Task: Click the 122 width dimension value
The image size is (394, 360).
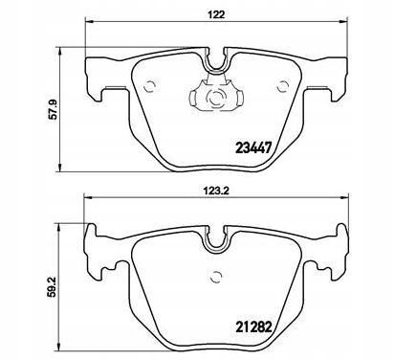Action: pyautogui.click(x=216, y=14)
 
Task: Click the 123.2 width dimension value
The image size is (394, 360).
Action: pyautogui.click(x=216, y=191)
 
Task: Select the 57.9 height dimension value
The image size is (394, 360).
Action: pyautogui.click(x=53, y=109)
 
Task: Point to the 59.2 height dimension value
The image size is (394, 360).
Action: pyautogui.click(x=53, y=286)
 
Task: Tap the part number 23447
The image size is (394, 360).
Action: pyautogui.click(x=253, y=147)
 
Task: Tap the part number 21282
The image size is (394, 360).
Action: pyautogui.click(x=253, y=326)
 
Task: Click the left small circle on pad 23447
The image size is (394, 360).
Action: pyautogui.click(x=150, y=86)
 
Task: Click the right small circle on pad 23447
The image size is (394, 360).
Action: pyautogui.click(x=282, y=86)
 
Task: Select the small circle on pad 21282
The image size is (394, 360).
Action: pyautogui.click(x=216, y=277)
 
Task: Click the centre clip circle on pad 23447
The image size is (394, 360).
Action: pyautogui.click(x=216, y=97)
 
